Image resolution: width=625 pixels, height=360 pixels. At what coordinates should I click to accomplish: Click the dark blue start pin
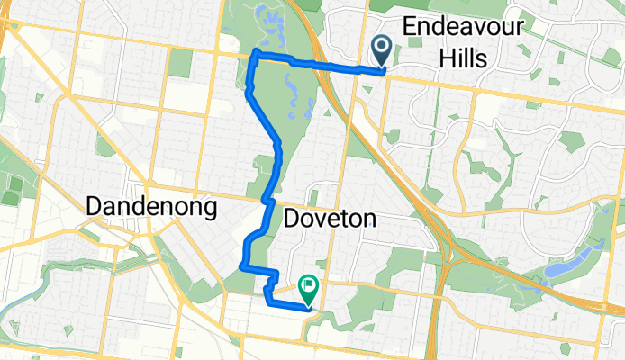pos(381,48)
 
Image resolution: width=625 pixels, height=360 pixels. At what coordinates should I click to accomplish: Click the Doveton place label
pos(329,218)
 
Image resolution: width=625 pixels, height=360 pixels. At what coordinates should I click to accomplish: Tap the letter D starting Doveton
pos(292,218)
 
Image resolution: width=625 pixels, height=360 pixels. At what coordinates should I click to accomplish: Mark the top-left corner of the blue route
pos(254,55)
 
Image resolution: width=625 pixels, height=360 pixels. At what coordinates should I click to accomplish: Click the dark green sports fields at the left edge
pos(14,189)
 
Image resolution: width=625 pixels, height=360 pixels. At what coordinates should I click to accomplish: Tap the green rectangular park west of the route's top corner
pos(181,62)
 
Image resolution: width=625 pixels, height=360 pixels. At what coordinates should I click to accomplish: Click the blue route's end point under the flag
pos(308,307)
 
